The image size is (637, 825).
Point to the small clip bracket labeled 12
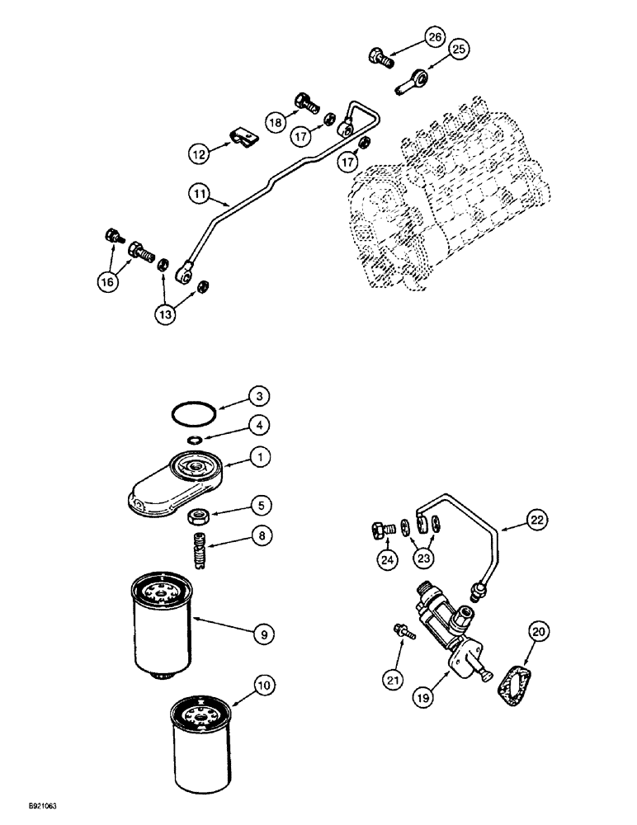point(240,134)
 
